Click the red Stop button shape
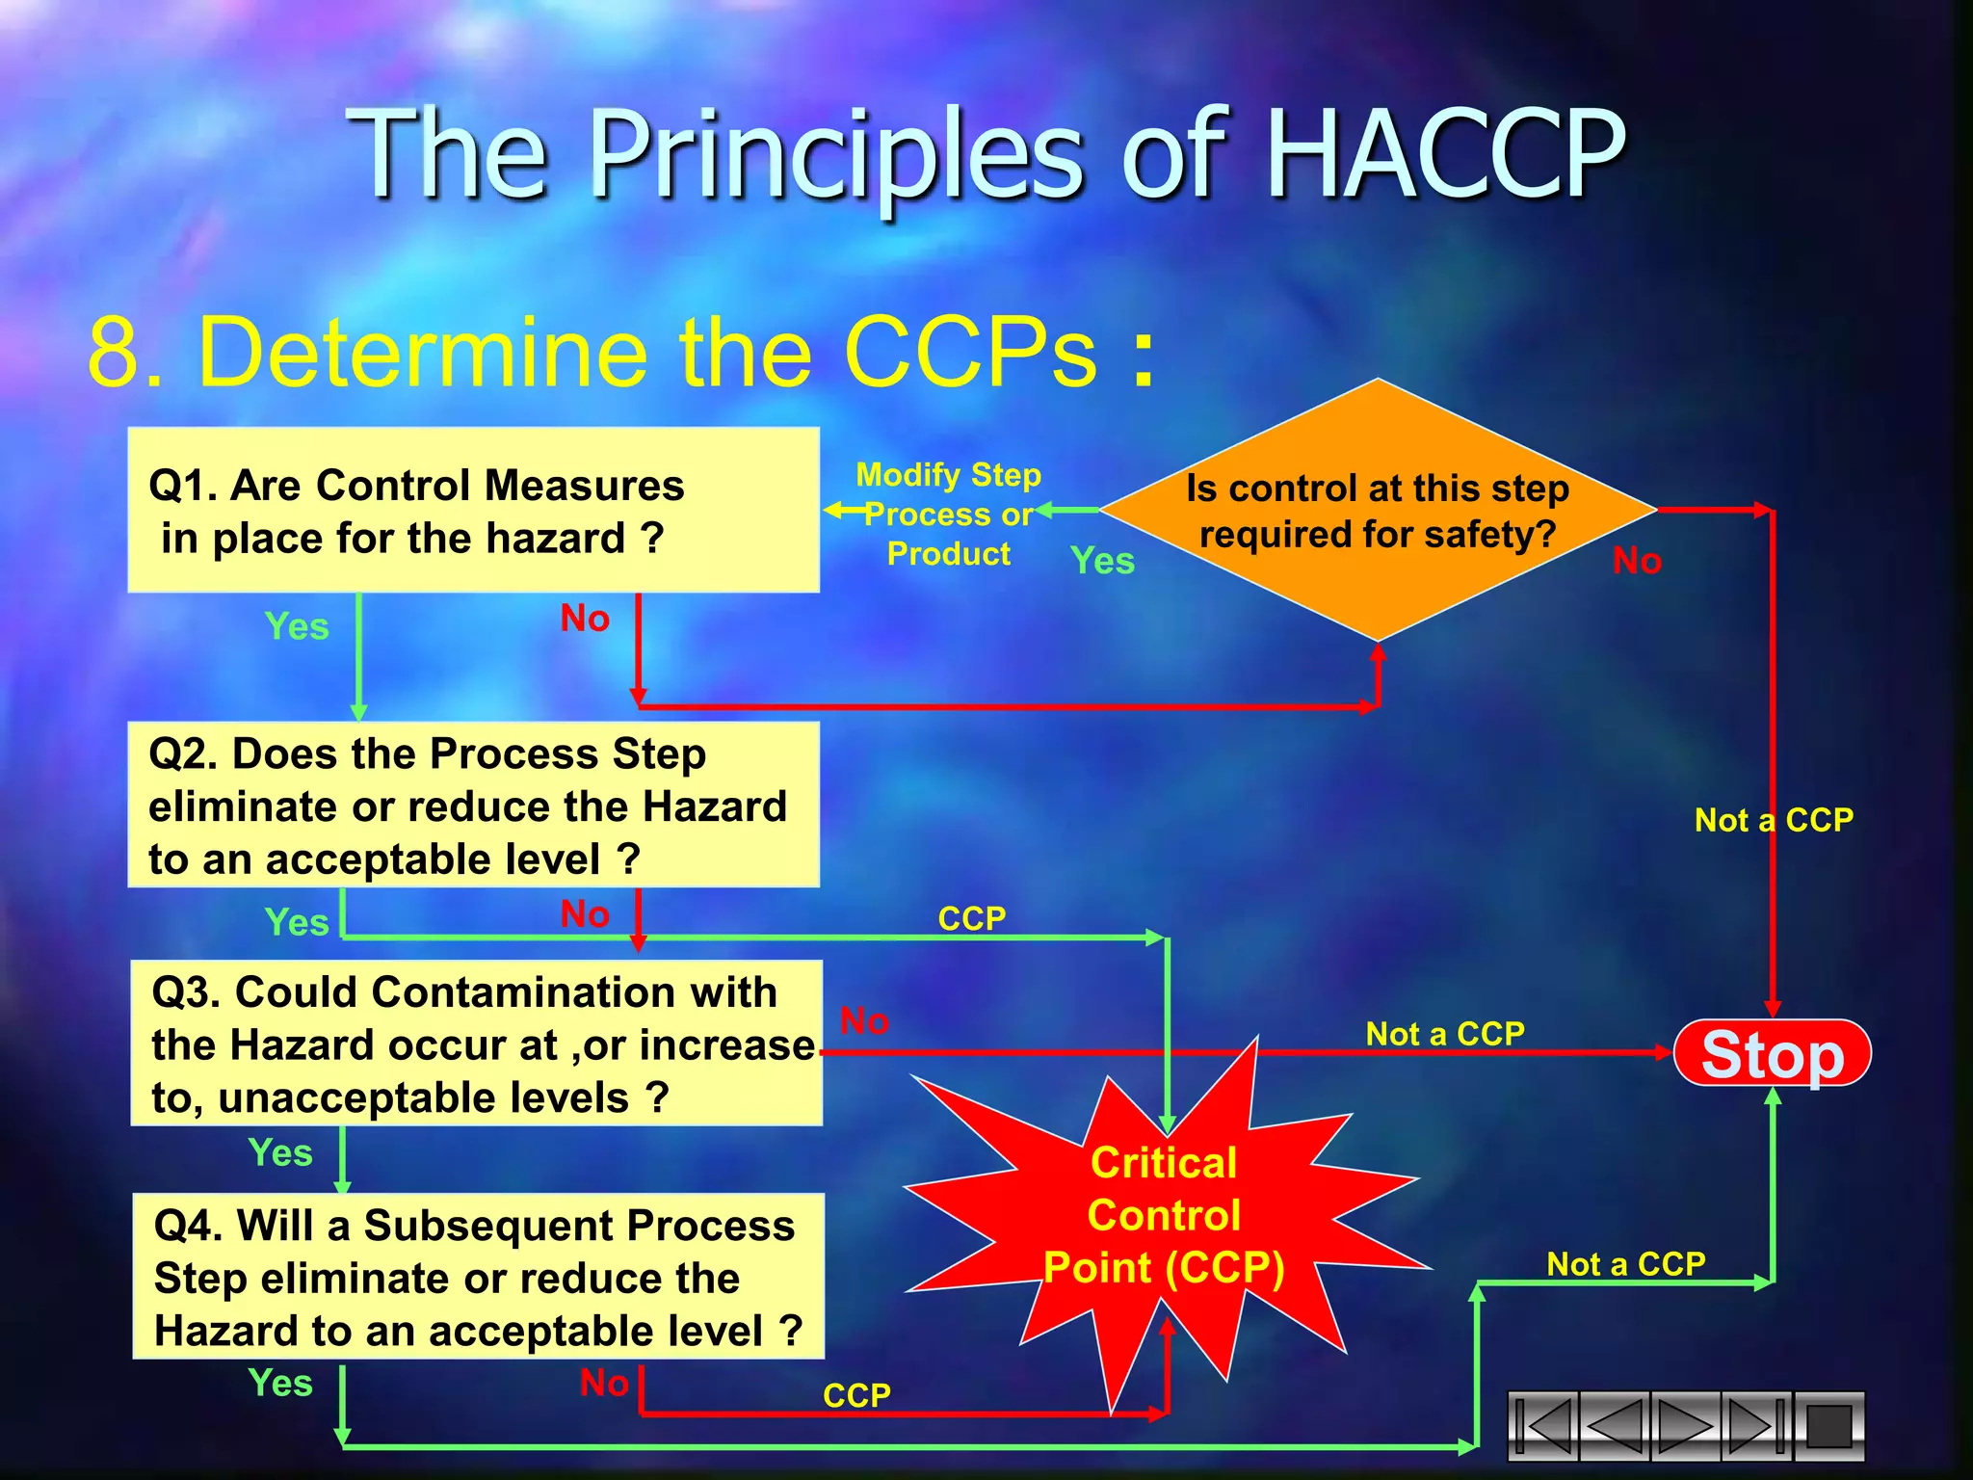pyautogui.click(x=1772, y=1054)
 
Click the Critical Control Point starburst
pyautogui.click(x=1164, y=1216)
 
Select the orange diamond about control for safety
pyautogui.click(x=1378, y=511)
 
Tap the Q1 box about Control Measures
pyautogui.click(x=473, y=511)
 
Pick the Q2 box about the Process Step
pyautogui.click(x=473, y=806)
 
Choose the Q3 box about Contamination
pyautogui.click(x=476, y=1044)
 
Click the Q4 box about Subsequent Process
pyautogui.click(x=478, y=1277)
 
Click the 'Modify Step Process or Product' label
pyautogui.click(x=948, y=514)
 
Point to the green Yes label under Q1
pyautogui.click(x=297, y=626)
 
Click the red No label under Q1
pyautogui.click(x=585, y=619)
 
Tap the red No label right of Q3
pyautogui.click(x=864, y=1021)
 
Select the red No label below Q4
pyautogui.click(x=604, y=1384)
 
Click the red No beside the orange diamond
pyautogui.click(x=1637, y=561)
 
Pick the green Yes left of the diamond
pyautogui.click(x=1102, y=561)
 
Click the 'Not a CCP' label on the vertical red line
pyautogui.click(x=1774, y=820)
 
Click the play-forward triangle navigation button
pyautogui.click(x=1685, y=1425)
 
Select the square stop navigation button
pyautogui.click(x=1828, y=1425)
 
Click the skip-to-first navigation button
pyautogui.click(x=1543, y=1425)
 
